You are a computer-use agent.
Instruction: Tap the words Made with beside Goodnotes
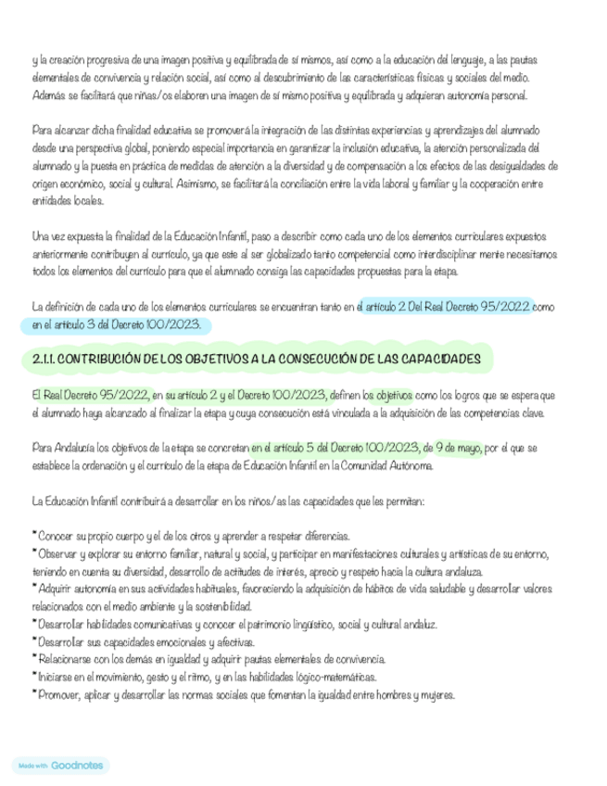(33, 766)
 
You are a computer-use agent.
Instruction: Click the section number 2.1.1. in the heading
(45, 358)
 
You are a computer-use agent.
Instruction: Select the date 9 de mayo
(454, 449)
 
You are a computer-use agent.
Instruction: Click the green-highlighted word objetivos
(394, 395)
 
